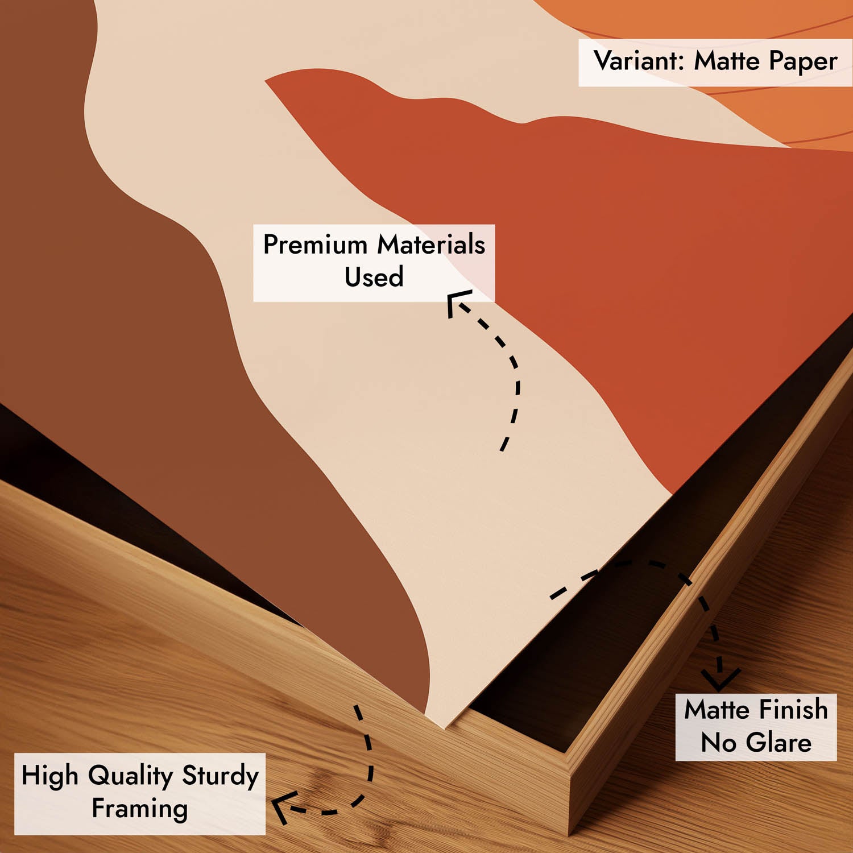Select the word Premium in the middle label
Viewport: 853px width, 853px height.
[315, 245]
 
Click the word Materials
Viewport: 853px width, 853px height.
[431, 245]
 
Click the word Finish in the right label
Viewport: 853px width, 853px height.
[793, 710]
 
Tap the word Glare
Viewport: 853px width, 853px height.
[779, 743]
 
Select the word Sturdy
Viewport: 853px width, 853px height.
[220, 776]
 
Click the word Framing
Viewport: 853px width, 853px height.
[140, 809]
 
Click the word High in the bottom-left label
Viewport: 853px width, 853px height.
[49, 776]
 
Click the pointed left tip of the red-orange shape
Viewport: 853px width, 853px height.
[266, 81]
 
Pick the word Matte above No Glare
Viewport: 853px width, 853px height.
[717, 710]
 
